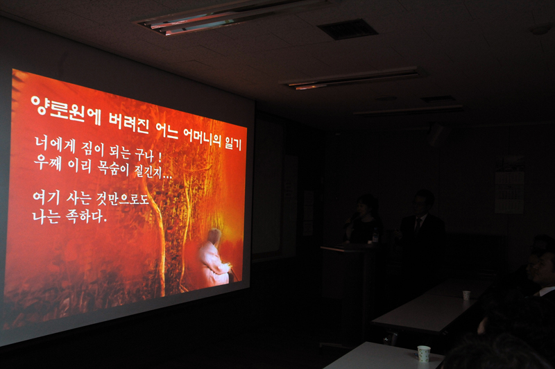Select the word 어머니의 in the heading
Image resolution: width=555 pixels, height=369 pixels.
202,137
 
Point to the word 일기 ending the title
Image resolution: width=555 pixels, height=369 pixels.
233,144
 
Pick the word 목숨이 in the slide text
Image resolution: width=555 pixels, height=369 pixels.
113,168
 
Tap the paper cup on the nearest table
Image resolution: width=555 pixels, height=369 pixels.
424,354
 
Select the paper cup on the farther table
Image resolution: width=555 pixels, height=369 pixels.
466,295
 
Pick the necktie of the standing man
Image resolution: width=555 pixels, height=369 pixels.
418,225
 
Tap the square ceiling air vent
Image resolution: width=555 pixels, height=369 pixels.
348,29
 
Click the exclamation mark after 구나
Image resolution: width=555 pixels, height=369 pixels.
160,157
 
